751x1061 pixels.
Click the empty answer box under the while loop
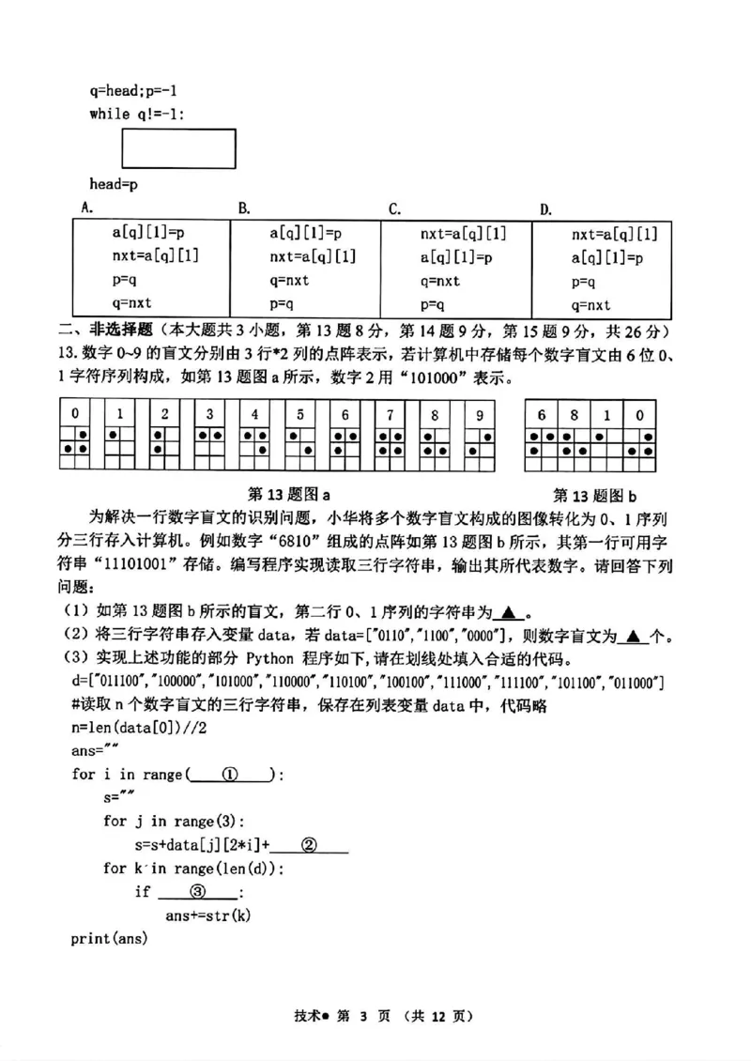click(178, 148)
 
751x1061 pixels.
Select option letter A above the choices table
click(86, 208)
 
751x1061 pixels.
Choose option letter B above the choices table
click(242, 208)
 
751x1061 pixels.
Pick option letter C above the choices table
click(395, 208)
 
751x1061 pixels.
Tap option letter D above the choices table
click(545, 208)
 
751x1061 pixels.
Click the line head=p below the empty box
click(114, 185)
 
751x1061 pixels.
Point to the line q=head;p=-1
click(133, 91)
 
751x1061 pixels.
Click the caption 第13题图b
click(594, 495)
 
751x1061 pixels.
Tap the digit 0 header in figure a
click(75, 414)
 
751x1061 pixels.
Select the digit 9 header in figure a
click(479, 414)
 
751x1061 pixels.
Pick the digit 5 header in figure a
click(299, 414)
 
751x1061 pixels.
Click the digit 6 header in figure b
click(542, 414)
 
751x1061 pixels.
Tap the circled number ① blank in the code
click(230, 775)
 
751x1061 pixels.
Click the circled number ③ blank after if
click(198, 891)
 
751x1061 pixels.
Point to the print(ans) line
click(109, 938)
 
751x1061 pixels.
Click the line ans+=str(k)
click(208, 915)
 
